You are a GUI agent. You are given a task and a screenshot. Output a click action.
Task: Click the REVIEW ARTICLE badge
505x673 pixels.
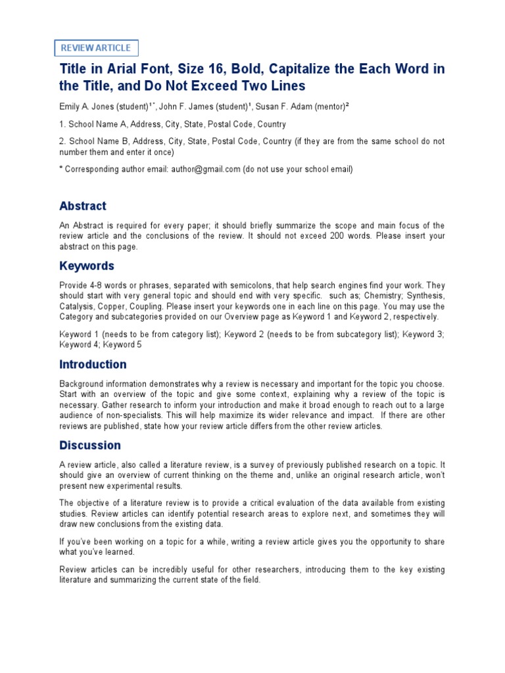pos(96,48)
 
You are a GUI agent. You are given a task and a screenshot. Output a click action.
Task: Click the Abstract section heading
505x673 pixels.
pos(82,206)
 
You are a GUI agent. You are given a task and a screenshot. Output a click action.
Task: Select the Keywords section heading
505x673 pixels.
pos(87,266)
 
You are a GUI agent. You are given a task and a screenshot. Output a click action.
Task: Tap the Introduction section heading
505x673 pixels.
pos(93,364)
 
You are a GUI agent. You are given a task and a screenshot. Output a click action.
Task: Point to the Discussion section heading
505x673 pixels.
pos(90,445)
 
